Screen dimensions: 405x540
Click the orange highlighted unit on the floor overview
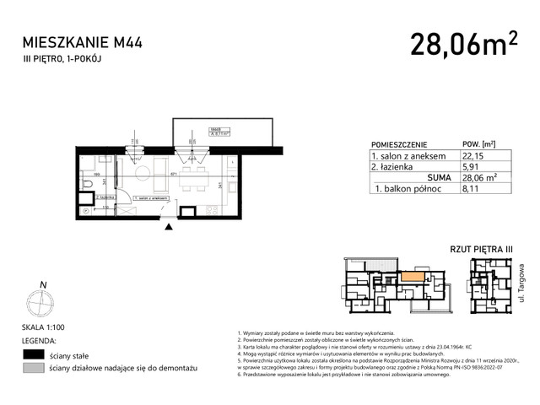point(413,275)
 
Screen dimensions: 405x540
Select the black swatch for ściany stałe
point(33,354)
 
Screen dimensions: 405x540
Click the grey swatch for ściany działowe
point(33,369)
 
